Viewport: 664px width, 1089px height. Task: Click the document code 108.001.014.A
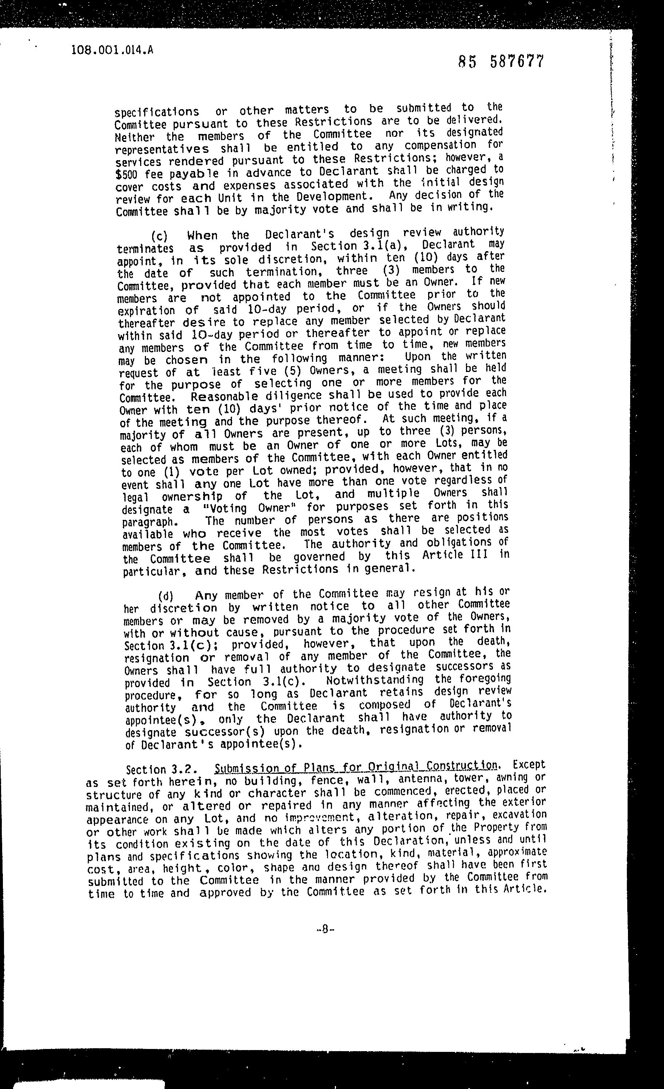click(x=112, y=50)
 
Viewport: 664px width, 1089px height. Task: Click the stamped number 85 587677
click(x=501, y=62)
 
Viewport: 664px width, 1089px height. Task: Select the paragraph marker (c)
click(x=159, y=235)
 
